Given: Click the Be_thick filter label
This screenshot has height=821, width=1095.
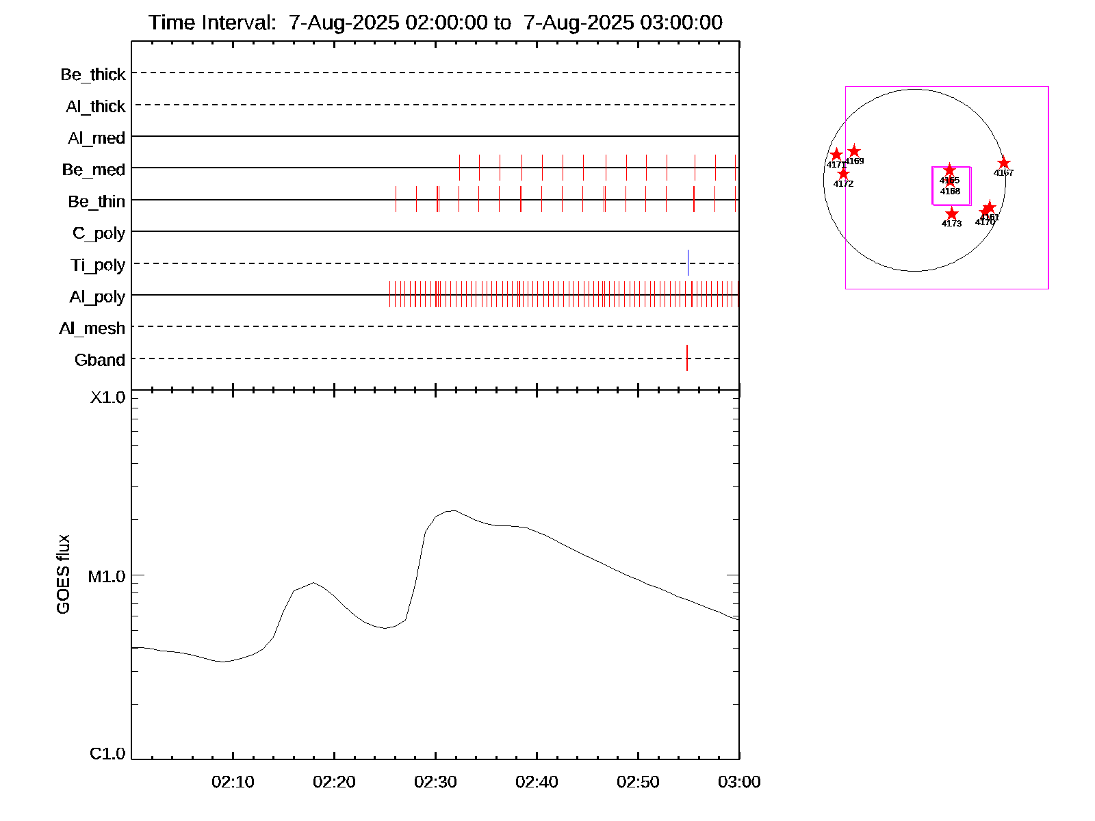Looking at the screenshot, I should pos(93,75).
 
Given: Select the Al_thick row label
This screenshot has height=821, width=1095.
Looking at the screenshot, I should pos(96,107).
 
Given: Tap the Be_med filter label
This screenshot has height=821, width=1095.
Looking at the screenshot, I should pos(94,170).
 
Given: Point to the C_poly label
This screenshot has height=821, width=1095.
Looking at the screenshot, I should pos(99,234).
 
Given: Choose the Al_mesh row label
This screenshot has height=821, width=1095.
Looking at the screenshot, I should pos(92,328).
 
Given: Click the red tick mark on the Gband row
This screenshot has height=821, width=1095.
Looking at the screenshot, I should pos(687,358).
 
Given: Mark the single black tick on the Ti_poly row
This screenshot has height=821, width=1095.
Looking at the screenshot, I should pos(688,263).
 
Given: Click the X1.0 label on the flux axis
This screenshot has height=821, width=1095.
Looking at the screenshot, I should pos(108,398).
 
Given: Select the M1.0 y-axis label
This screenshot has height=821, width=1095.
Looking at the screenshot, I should pos(107,577).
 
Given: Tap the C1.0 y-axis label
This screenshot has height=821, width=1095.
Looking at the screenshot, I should pos(107,754).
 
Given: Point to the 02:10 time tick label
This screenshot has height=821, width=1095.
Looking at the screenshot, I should pos(233,782).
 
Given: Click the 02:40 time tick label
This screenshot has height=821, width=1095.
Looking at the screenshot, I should pos(537,782).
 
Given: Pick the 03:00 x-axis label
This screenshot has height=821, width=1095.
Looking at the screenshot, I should pos(739,782).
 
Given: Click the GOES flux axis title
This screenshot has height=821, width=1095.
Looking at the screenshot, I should pos(63,575).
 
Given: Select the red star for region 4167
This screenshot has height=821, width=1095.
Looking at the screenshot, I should pos(1003,163).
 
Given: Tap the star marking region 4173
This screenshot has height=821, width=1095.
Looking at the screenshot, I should pos(952,214).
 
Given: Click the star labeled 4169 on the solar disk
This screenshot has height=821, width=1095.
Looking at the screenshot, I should pos(854,151).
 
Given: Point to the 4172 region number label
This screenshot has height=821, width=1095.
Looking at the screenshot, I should pos(843,184).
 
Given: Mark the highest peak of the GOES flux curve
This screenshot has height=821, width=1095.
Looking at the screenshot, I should pos(452,510).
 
